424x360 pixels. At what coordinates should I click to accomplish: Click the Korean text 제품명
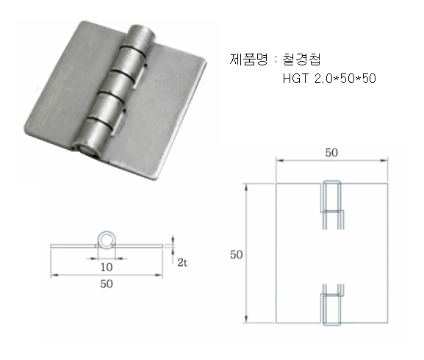click(x=249, y=60)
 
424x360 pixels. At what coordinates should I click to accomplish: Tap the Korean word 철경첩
click(x=301, y=60)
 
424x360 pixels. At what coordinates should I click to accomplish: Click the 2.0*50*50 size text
click(x=345, y=79)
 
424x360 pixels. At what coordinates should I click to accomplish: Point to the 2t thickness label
click(x=182, y=262)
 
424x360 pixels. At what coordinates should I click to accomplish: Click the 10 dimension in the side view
click(x=107, y=267)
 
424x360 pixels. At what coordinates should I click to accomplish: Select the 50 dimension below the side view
click(x=107, y=284)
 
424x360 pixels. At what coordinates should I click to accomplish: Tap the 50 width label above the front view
click(x=331, y=153)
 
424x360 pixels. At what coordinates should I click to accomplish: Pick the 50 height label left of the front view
click(x=236, y=255)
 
